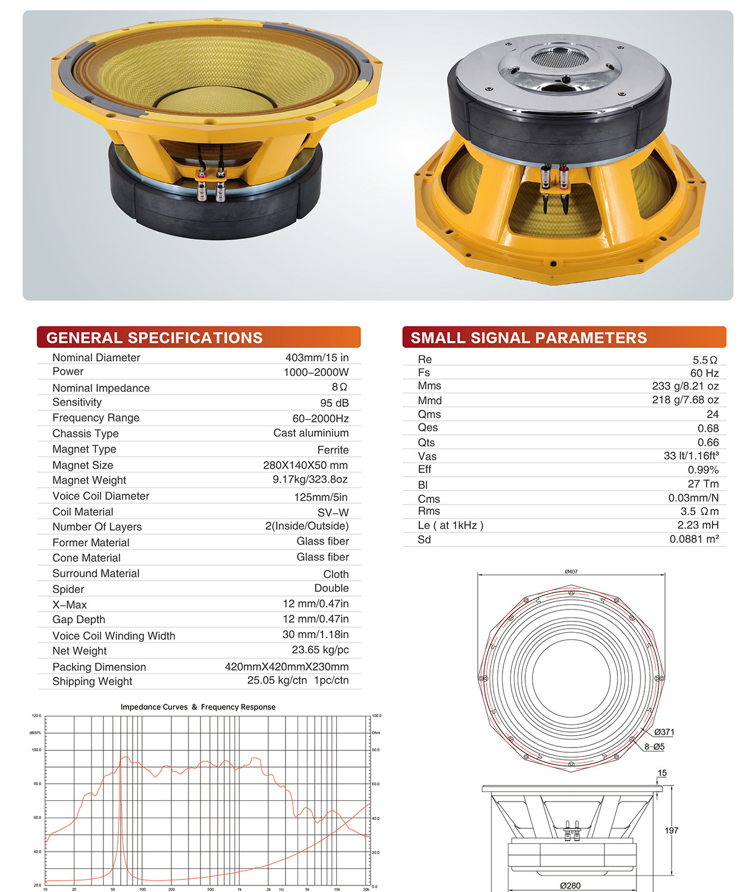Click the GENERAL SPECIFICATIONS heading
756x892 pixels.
(x=154, y=337)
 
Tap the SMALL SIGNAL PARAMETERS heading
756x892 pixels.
(x=528, y=337)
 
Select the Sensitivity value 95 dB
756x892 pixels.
(x=334, y=403)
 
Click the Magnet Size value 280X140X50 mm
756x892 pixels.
(x=305, y=465)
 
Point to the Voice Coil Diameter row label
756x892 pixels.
(x=101, y=496)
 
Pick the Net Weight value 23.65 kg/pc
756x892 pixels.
(x=320, y=650)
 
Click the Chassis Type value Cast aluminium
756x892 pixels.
(x=311, y=433)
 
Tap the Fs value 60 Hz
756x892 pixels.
(x=704, y=373)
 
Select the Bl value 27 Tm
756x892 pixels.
(x=703, y=483)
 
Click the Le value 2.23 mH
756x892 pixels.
(x=698, y=524)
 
